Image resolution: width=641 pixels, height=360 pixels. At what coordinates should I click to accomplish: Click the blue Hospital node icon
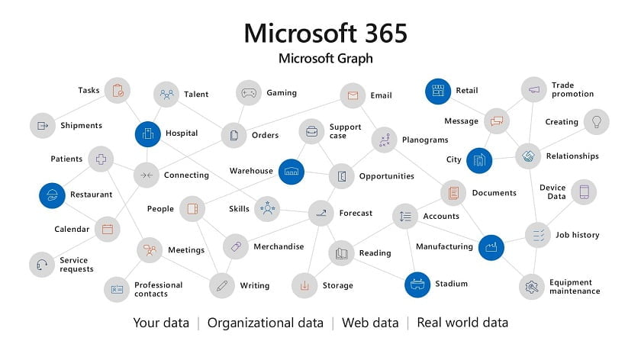coord(147,134)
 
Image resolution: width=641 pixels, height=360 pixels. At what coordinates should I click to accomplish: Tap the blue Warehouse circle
coord(291,172)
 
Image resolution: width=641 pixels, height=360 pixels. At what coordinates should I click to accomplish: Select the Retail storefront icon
coord(438,91)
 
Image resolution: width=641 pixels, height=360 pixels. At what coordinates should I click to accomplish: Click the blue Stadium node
coord(417,284)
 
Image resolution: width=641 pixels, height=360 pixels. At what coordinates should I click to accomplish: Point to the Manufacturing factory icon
coord(491,247)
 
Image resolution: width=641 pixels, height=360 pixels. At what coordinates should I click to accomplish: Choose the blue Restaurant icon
coord(52,195)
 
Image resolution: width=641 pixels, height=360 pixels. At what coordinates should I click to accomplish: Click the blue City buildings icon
coord(479,160)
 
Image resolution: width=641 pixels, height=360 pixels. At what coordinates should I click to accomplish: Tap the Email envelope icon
coord(353,95)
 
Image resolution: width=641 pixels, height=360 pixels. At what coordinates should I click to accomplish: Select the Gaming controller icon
coord(249,93)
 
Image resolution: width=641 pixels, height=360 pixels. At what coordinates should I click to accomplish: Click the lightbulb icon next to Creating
coord(597,122)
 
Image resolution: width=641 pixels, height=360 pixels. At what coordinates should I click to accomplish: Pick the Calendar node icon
coord(107,229)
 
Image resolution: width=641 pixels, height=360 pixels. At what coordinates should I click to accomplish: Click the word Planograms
coord(425,140)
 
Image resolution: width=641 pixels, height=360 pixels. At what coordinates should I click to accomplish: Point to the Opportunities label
coord(387,176)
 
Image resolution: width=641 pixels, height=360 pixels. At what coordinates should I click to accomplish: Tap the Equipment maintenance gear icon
coord(531,287)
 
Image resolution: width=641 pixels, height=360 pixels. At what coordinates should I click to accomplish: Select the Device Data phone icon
coord(584,192)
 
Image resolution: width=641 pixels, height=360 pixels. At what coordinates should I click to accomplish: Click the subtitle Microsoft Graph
coord(326,59)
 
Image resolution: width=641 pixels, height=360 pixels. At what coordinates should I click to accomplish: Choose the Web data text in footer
coord(370,323)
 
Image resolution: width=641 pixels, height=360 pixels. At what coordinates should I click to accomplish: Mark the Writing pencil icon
coord(221,285)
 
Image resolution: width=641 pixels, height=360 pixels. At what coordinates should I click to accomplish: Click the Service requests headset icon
coord(42,265)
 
